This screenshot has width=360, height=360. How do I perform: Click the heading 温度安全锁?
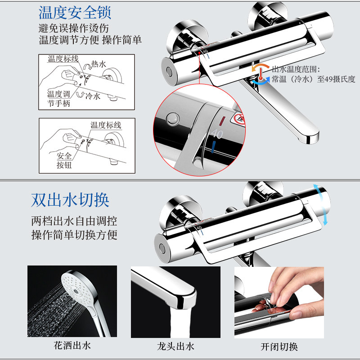(75, 12)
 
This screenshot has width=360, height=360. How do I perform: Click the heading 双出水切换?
(71, 200)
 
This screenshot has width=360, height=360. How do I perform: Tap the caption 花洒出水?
(72, 346)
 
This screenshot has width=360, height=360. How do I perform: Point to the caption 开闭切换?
(279, 346)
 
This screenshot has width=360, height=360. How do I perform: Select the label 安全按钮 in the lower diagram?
(64, 161)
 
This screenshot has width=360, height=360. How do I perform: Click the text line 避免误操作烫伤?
(73, 28)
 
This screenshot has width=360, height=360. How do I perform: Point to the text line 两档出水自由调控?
(74, 221)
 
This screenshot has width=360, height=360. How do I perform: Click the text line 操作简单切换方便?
(74, 234)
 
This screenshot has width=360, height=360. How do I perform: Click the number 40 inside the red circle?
(217, 134)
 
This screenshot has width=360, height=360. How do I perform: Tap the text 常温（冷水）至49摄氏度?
(313, 79)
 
